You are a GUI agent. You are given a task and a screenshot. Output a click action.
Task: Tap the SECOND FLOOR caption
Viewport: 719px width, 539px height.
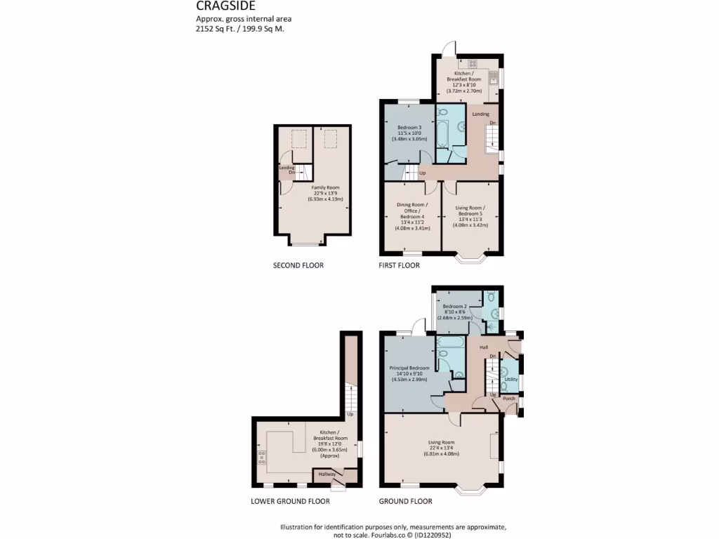click(298, 266)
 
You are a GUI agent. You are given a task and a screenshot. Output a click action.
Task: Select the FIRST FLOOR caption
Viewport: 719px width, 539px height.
click(399, 266)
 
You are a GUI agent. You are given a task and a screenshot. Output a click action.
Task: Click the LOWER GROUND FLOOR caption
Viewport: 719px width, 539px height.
click(290, 502)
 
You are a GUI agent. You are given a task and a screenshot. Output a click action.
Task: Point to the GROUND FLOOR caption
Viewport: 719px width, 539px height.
click(405, 502)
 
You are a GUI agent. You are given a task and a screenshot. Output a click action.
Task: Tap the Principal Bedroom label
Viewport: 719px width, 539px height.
click(409, 368)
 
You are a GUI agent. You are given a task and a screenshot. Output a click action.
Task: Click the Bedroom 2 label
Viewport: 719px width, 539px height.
click(454, 307)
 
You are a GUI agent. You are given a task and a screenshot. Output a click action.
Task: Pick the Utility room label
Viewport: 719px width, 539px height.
click(510, 379)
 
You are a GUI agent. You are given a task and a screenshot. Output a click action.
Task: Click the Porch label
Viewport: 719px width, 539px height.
click(509, 399)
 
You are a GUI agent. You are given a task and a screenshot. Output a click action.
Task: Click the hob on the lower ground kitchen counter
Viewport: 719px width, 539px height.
click(262, 458)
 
